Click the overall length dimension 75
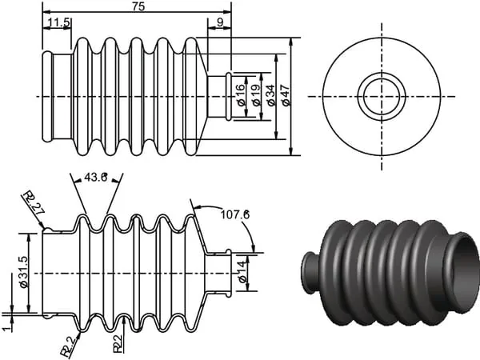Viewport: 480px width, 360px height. tap(138, 6)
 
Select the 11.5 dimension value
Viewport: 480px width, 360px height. tap(59, 22)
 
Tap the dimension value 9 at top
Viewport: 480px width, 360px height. tap(220, 22)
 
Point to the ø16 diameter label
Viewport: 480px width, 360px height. tap(241, 94)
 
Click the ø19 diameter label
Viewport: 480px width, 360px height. tap(256, 94)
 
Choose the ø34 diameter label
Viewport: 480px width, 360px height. tap(270, 95)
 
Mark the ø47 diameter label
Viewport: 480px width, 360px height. tap(285, 95)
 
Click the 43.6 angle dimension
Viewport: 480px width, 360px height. tap(95, 177)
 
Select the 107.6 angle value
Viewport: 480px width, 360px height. tap(234, 214)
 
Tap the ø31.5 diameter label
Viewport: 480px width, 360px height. tap(23, 272)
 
